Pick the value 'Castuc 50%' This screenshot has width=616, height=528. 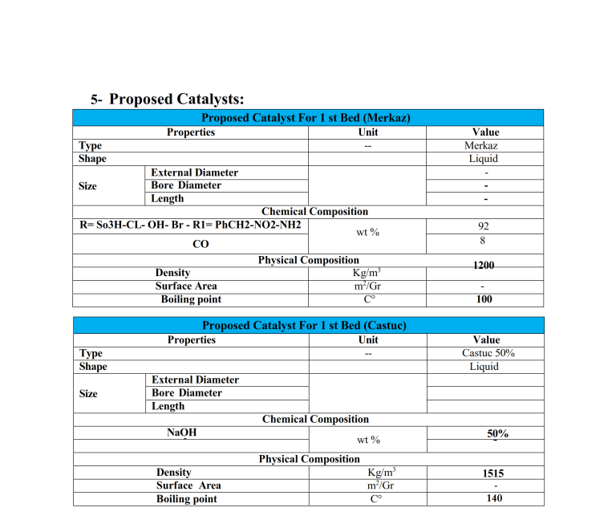click(x=486, y=353)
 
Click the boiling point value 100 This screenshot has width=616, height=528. click(x=484, y=299)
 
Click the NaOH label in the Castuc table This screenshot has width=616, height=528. click(x=181, y=433)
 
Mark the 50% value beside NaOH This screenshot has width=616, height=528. click(x=497, y=433)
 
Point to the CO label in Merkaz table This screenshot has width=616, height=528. click(x=201, y=244)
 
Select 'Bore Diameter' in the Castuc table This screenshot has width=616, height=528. click(x=187, y=392)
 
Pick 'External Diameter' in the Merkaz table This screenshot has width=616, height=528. click(x=194, y=172)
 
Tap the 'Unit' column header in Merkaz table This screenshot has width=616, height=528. click(x=368, y=132)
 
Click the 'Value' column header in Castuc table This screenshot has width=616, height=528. click(x=486, y=339)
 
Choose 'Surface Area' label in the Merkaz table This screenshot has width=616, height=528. click(x=186, y=286)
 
